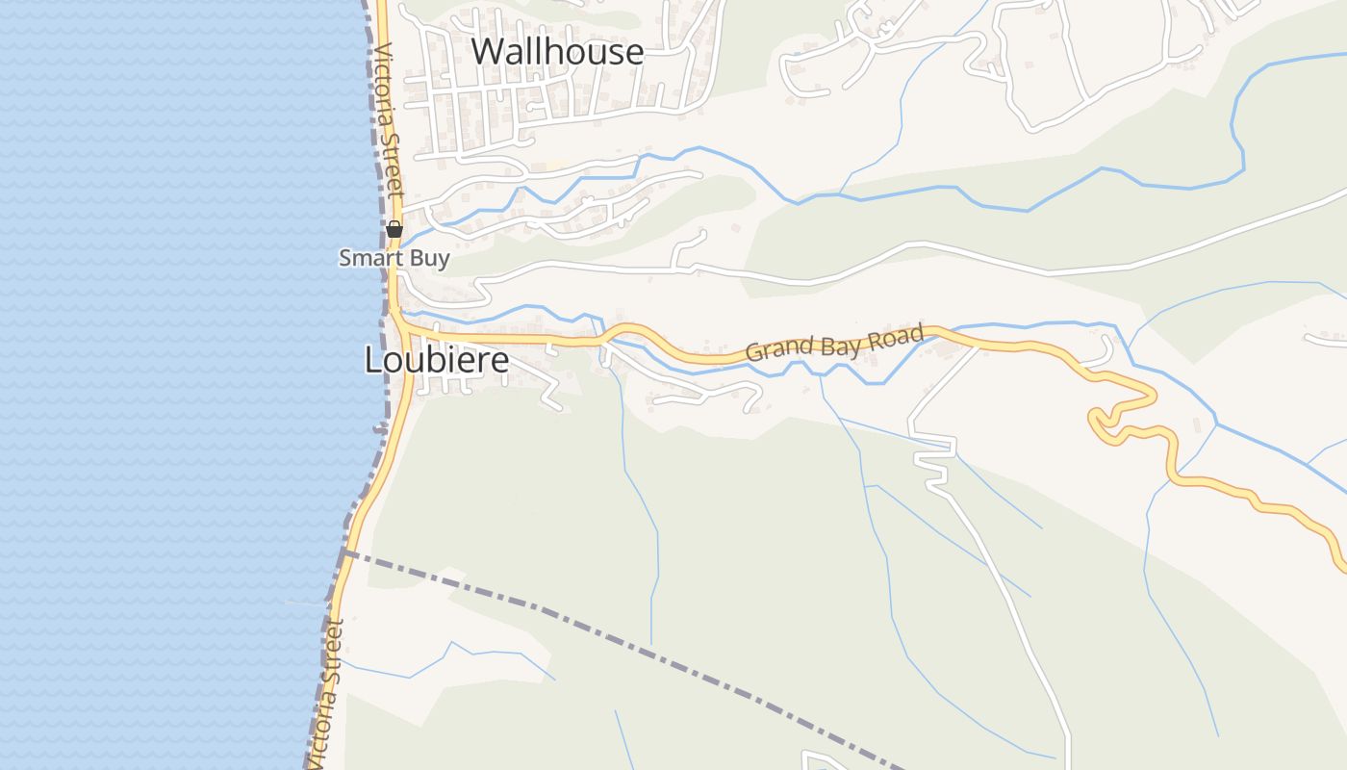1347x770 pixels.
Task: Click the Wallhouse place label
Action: tap(557, 51)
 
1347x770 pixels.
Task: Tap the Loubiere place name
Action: tap(436, 360)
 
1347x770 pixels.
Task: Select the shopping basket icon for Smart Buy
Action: tap(394, 229)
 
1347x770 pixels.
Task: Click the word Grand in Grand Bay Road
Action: tap(776, 348)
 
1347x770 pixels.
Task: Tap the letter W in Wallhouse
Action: tap(488, 51)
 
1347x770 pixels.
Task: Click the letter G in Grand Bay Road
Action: tap(753, 352)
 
